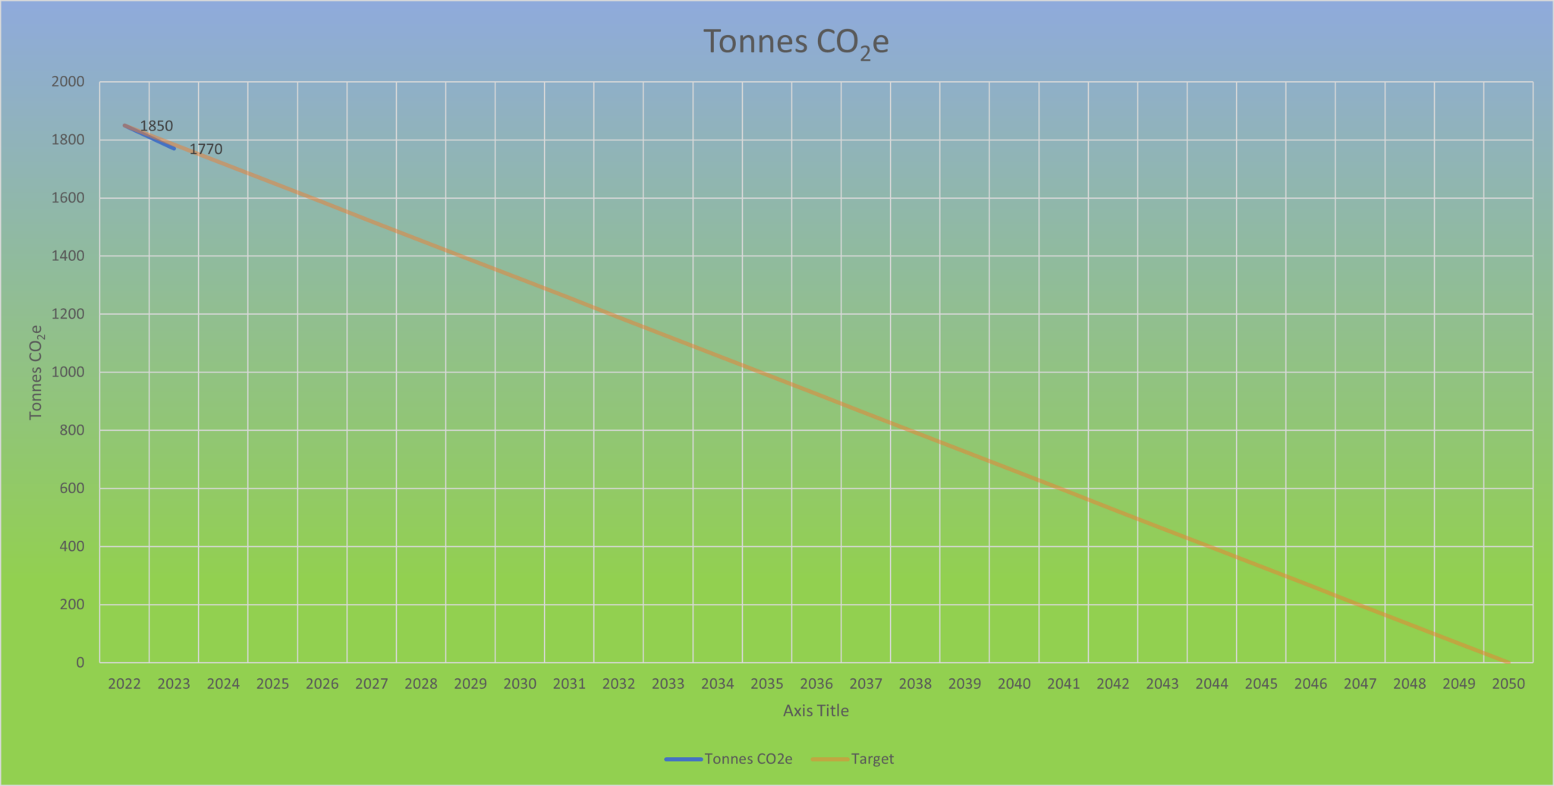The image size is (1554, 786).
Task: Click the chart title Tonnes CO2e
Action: (795, 42)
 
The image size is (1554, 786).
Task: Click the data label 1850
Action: (156, 127)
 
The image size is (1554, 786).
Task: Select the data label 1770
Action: (206, 149)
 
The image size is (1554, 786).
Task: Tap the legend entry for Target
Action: (872, 759)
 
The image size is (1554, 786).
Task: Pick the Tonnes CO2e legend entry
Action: (747, 759)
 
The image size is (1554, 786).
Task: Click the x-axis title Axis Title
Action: (816, 711)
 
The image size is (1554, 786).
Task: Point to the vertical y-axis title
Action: (36, 372)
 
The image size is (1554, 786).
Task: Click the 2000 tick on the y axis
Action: (68, 82)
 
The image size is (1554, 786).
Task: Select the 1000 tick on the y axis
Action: (68, 373)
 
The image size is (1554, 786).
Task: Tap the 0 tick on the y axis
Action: (80, 663)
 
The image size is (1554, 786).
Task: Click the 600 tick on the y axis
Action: (72, 489)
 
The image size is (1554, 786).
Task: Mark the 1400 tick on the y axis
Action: (68, 256)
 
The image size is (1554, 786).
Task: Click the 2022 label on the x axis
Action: (124, 684)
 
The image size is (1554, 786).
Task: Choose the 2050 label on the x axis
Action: (1508, 684)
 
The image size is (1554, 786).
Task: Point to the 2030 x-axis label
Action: (520, 684)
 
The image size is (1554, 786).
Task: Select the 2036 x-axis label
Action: (816, 684)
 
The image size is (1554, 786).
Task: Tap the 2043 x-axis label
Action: (1162, 684)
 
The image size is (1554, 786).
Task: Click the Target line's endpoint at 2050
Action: (1508, 662)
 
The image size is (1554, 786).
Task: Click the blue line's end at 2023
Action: (175, 149)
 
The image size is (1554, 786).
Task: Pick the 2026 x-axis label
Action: (322, 684)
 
